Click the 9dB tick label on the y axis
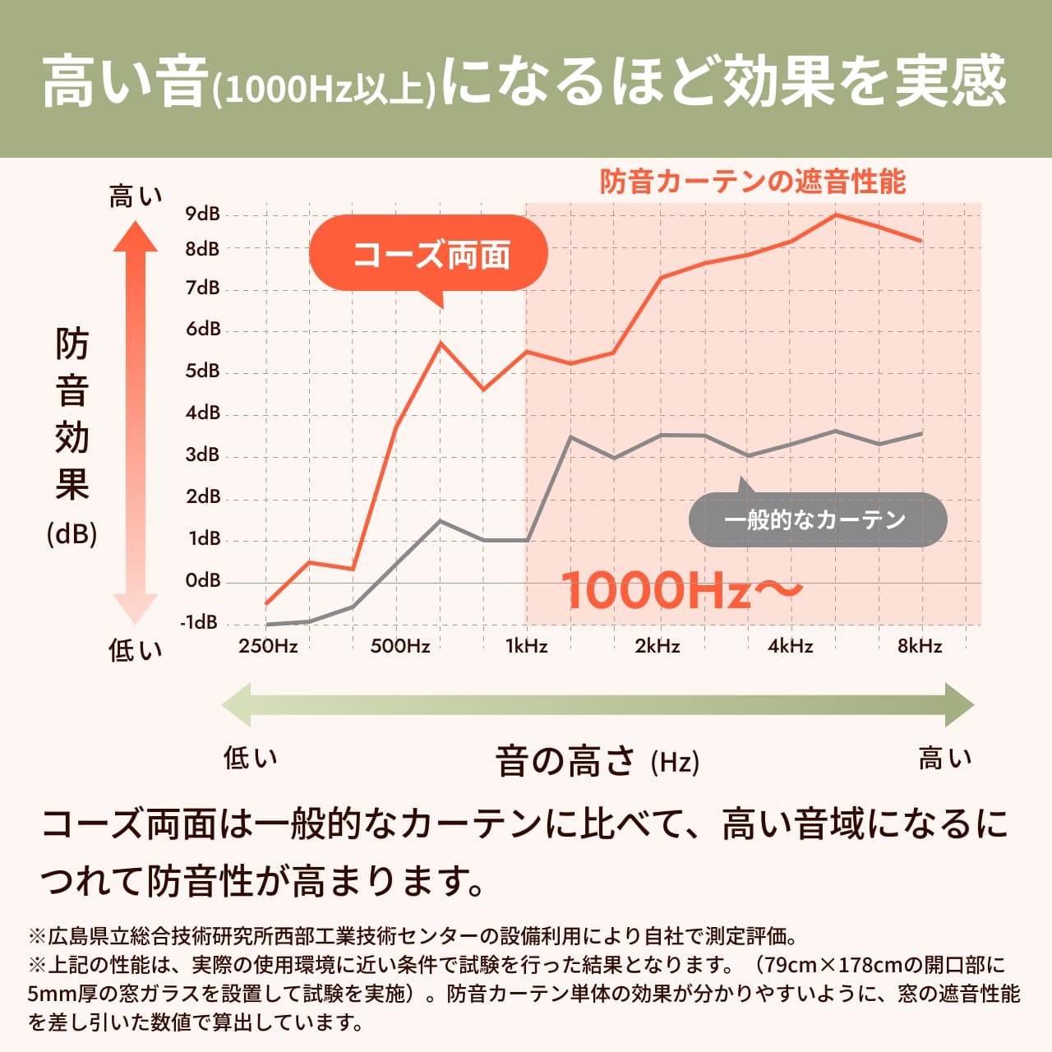(202, 215)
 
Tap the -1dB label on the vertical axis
(200, 623)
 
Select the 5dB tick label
(203, 371)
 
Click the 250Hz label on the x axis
(268, 646)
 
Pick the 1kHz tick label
(526, 646)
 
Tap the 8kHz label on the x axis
(920, 646)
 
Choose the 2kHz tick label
(657, 646)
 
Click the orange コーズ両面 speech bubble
(428, 255)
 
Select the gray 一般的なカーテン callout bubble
(817, 519)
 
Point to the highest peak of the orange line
(836, 215)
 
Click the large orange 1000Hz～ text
(681, 590)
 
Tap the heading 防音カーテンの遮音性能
(752, 182)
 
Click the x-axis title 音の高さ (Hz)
(597, 761)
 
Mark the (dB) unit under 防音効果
(72, 534)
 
